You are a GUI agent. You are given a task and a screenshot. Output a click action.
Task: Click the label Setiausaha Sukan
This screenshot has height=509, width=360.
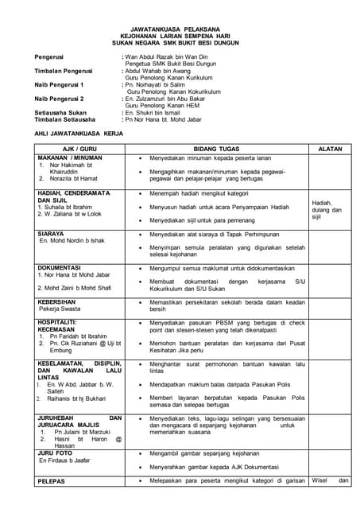[64, 112]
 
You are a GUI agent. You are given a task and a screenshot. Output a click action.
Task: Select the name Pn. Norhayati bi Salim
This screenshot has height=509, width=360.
[159, 83]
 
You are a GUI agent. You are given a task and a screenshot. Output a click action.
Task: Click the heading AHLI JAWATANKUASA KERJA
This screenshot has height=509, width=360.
[85, 135]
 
